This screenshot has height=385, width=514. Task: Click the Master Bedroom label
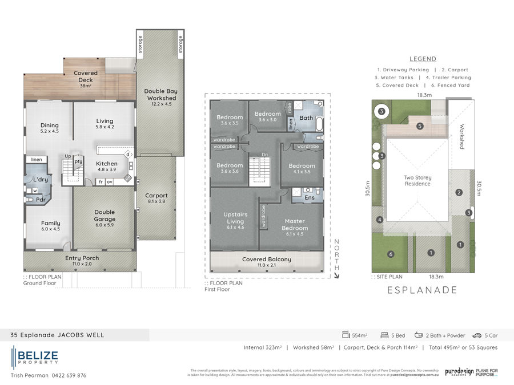(294, 224)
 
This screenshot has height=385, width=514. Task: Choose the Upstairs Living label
(235, 221)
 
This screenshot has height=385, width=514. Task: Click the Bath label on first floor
(306, 118)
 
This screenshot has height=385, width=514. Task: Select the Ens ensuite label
(310, 197)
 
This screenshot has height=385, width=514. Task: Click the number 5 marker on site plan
(419, 126)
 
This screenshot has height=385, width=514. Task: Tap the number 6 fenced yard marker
(391, 254)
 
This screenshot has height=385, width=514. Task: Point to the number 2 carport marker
(459, 192)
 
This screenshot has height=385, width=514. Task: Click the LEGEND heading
(423, 59)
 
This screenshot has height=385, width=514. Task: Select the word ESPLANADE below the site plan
(423, 290)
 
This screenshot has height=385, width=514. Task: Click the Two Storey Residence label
(417, 181)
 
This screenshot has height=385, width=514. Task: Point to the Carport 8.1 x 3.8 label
(156, 198)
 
